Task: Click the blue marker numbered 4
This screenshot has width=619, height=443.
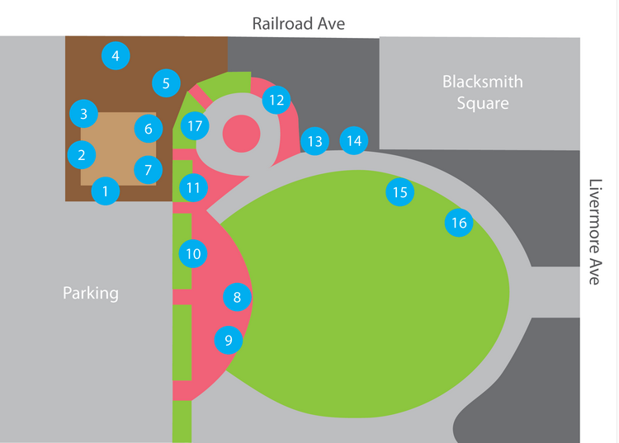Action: coord(116,55)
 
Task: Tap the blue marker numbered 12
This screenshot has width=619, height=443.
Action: coord(276,100)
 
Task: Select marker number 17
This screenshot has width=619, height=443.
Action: coord(195,126)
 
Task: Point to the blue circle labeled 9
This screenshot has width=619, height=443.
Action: coord(229,340)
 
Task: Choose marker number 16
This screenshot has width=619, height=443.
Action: coord(459,223)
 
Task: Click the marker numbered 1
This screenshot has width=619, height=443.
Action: coord(106,191)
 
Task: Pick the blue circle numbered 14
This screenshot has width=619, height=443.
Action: coord(354,140)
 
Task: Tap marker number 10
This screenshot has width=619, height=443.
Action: coord(193,253)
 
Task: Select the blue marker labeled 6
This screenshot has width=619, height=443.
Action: coord(149,129)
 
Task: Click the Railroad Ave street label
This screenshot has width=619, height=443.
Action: coord(299,23)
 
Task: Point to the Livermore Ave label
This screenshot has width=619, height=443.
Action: coord(595,232)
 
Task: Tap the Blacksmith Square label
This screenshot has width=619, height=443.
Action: coord(483,92)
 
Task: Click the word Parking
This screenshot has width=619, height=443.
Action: coord(91,293)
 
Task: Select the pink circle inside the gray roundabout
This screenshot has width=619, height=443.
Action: coord(241,134)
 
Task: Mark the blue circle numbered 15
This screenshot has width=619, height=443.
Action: coord(400,192)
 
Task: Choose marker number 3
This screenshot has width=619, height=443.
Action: coord(83,114)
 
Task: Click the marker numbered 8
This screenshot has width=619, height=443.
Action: coord(237,297)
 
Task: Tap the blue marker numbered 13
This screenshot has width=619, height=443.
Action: coord(314,141)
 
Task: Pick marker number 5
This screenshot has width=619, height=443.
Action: coord(166,83)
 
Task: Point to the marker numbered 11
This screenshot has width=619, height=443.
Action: coord(193,188)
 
